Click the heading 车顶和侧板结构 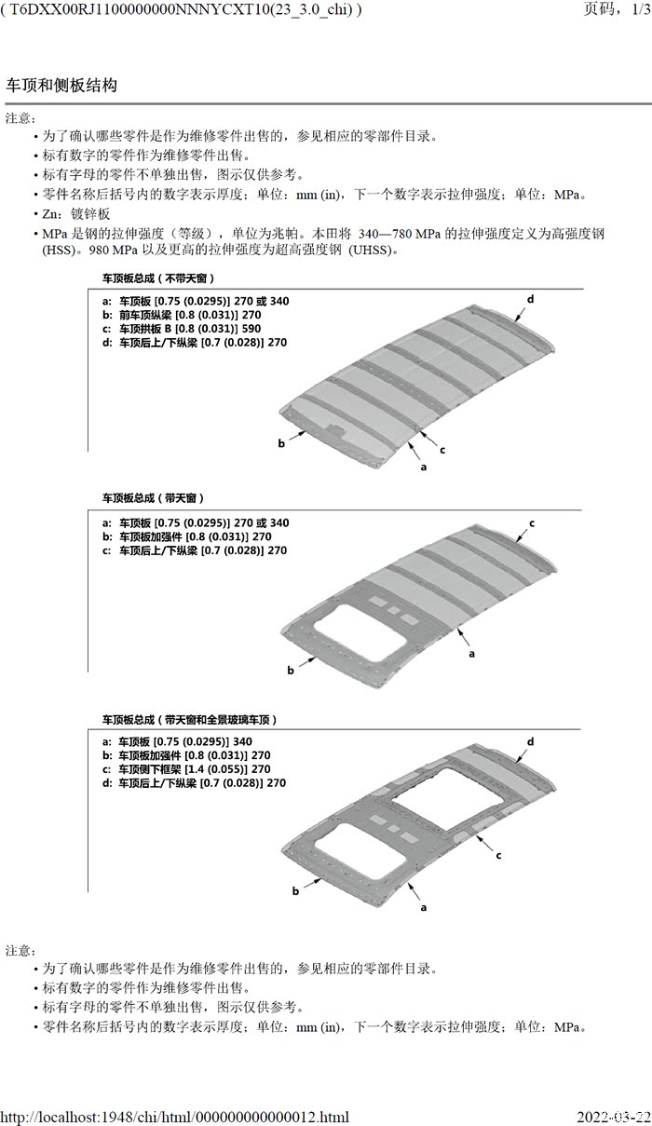[61, 85]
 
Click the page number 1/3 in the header [641, 9]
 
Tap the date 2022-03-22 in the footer [613, 1117]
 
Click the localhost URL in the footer [175, 1117]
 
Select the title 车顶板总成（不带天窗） [158, 278]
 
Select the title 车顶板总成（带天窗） [154, 498]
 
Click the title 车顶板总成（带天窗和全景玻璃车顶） [189, 720]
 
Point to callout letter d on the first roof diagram [530, 299]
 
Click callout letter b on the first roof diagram [281, 443]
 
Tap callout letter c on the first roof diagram [442, 450]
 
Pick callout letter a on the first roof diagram [424, 467]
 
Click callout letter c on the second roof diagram [532, 523]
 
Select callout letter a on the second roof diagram [471, 654]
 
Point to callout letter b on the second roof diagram [291, 670]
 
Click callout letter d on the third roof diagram [530, 741]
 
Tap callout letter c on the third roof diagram [498, 855]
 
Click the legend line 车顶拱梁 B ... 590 [182, 329]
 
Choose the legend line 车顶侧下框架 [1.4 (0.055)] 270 [186, 769]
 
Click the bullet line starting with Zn [75, 214]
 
